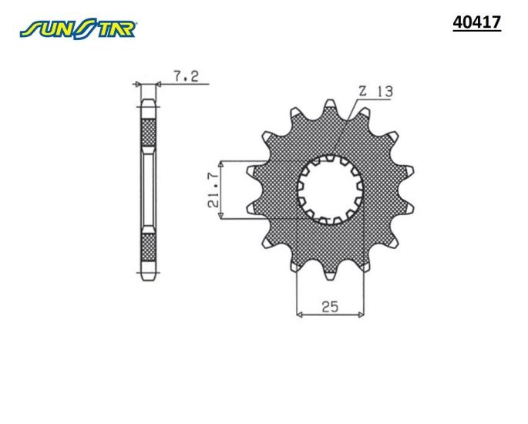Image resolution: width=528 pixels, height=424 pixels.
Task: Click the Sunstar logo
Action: coord(78,29)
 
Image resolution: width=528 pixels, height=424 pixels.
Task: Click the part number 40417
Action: coord(477,22)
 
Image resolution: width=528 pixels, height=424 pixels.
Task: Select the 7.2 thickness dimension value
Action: coord(187,76)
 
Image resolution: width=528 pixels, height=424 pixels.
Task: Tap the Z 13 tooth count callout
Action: coord(376,91)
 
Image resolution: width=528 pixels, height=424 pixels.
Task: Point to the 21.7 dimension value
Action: coord(214,190)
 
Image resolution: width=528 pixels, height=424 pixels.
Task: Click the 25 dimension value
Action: coord(330,307)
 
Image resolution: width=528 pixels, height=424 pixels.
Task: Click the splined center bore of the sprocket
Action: coord(330,190)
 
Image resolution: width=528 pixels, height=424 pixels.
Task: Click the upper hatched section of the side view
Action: coord(148,133)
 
